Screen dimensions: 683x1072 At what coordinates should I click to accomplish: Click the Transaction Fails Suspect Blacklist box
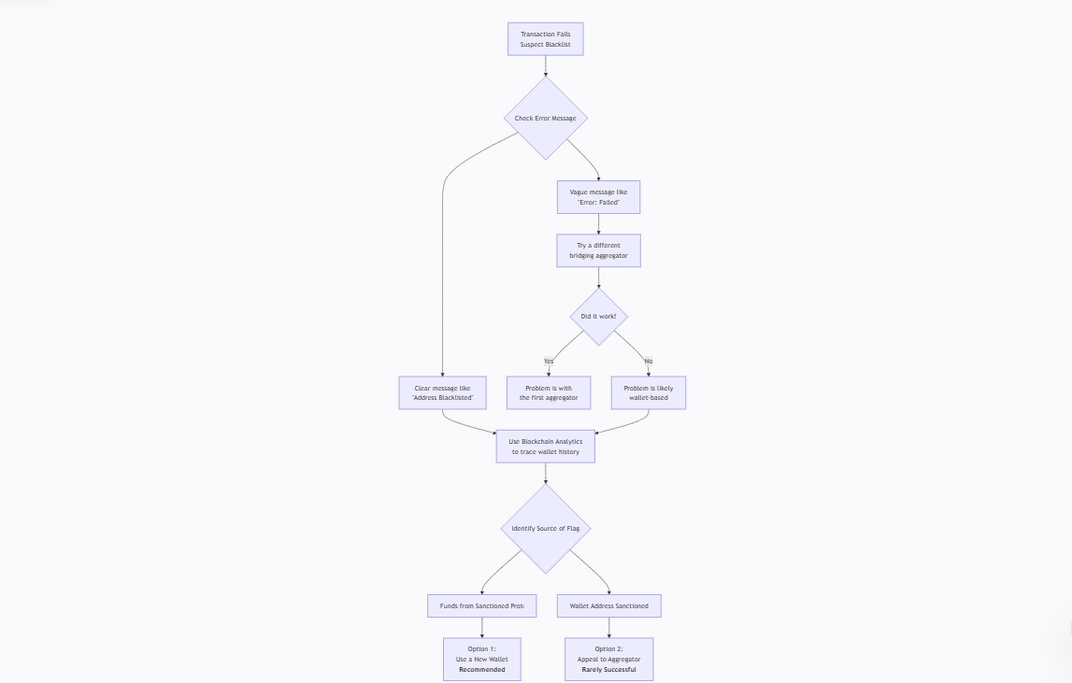(546, 39)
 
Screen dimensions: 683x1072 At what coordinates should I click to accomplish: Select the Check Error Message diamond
(546, 119)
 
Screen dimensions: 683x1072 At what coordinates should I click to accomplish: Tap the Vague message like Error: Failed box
(598, 197)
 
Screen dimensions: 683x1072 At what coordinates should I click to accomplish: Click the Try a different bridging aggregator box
(598, 250)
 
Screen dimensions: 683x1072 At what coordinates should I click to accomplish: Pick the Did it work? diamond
(598, 317)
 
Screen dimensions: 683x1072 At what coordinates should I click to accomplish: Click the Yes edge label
(549, 361)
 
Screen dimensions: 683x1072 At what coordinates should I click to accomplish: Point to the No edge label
(649, 361)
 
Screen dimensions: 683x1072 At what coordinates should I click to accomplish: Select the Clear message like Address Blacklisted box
(443, 392)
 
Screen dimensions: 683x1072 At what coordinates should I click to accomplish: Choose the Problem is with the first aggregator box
(549, 392)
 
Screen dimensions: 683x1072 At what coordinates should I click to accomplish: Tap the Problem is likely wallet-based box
(649, 392)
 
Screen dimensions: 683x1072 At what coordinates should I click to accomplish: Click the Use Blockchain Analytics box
(546, 447)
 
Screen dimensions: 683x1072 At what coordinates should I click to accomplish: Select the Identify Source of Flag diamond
(546, 529)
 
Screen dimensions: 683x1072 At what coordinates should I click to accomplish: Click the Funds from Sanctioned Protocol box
(482, 605)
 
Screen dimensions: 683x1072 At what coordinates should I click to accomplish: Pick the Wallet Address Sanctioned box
(608, 605)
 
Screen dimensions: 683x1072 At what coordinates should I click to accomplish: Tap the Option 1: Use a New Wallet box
(482, 659)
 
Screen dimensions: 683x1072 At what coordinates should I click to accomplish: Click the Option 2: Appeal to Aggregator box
(608, 659)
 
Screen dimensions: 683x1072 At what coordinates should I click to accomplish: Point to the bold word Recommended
(482, 670)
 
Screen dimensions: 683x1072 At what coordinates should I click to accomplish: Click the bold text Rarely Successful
(608, 670)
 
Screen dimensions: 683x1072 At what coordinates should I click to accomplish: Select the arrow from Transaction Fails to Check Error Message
(546, 65)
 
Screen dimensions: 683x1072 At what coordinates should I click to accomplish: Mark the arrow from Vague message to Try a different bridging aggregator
(598, 224)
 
